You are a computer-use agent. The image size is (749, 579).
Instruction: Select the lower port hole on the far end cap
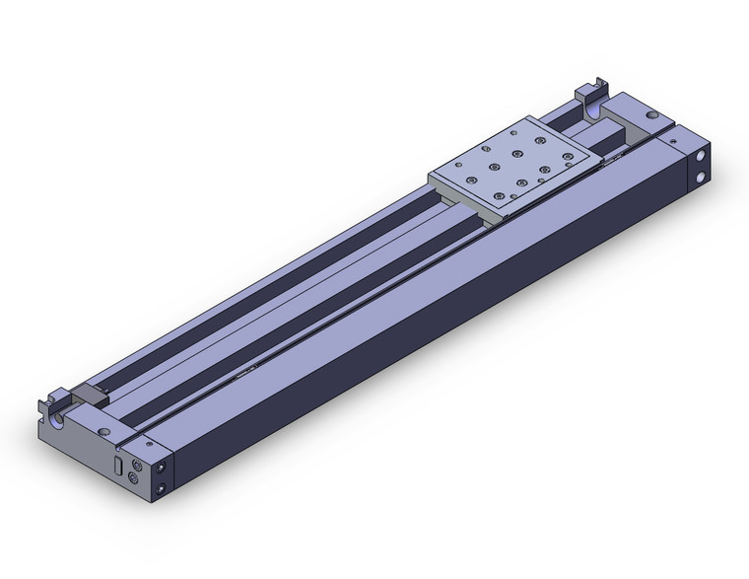[700, 178]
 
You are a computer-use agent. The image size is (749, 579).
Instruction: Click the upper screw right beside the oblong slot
[137, 461]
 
